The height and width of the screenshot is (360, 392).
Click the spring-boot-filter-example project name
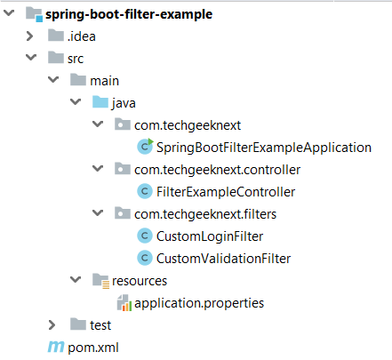[x=129, y=14]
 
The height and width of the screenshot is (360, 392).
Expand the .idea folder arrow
[x=29, y=36]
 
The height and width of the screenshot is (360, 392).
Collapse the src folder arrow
[x=31, y=57]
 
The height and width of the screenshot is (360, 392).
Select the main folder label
[x=104, y=81]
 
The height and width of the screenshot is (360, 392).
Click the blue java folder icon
[x=100, y=102]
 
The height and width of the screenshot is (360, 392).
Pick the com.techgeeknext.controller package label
[x=217, y=170]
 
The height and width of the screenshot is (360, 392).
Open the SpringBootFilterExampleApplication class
[x=264, y=148]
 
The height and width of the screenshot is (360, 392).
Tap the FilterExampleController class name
[x=226, y=192]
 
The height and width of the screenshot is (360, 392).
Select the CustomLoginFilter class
[x=210, y=236]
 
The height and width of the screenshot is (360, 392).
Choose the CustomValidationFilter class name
[x=223, y=259]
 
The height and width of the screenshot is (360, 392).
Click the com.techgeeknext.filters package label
[x=205, y=214]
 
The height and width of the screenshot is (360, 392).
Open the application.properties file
[x=199, y=303]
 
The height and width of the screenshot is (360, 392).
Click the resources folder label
[x=140, y=281]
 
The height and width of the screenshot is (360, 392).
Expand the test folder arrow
[x=52, y=325]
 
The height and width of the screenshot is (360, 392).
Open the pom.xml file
[x=93, y=348]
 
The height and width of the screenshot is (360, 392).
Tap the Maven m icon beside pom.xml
[x=56, y=347]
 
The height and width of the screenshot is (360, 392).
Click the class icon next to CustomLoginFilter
[x=145, y=236]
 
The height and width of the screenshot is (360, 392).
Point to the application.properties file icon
[x=124, y=303]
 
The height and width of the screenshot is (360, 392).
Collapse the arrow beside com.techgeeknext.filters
[x=98, y=212]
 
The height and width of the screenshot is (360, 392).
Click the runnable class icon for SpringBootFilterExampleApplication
[x=145, y=147]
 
